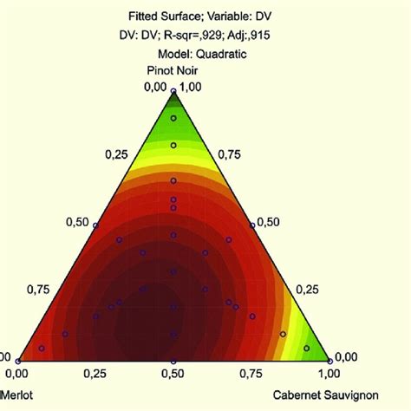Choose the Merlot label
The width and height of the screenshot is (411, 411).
pos(12,394)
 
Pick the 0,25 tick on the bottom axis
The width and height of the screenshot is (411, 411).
pos(95,373)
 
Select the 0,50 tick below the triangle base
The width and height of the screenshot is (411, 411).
pos(173,373)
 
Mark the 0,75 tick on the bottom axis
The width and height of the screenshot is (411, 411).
pos(251,373)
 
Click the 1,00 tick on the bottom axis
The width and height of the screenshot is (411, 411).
pos(328,373)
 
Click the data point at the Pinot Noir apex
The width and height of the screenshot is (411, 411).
pos(173,90)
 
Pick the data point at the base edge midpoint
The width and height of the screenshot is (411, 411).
pos(173,361)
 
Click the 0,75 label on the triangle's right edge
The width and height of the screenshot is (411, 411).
pos(229,154)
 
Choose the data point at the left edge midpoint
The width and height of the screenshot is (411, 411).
pos(95,225)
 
